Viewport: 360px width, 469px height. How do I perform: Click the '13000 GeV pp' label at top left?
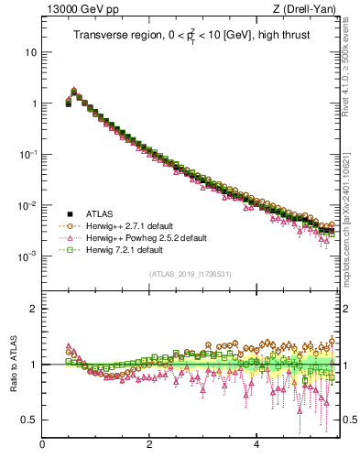pos(76,10)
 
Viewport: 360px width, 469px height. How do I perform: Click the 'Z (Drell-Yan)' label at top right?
pos(310,10)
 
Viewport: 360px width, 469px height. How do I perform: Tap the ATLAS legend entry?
pos(97,213)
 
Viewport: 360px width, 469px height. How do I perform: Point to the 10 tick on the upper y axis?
pos(30,52)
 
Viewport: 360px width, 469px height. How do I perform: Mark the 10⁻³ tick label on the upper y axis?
pos(27,256)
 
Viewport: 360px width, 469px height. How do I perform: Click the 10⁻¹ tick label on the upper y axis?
pos(27,154)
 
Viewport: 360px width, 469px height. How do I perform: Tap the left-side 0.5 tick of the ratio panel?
pos(29,420)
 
